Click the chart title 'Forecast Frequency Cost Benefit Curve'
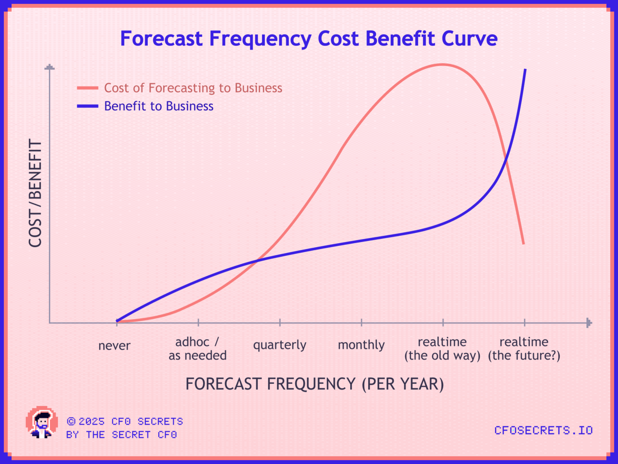[309, 39]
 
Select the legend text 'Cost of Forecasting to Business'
[193, 88]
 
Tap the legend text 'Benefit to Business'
[159, 106]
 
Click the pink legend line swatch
[88, 88]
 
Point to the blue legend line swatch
[88, 106]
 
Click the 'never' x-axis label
[114, 346]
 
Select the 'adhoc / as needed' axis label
[198, 349]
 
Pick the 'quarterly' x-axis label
[279, 345]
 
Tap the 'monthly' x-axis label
[361, 345]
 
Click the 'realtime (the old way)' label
[442, 349]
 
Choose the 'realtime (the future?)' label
[524, 349]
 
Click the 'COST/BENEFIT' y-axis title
[35, 193]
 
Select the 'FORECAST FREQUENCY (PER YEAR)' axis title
[314, 384]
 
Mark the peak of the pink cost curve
[442, 65]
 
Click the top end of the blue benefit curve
[525, 69]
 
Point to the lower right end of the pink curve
[523, 244]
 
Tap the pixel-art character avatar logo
[42, 422]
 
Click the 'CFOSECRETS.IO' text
[543, 430]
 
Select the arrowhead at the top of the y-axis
[50, 67]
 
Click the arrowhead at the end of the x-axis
[589, 323]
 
